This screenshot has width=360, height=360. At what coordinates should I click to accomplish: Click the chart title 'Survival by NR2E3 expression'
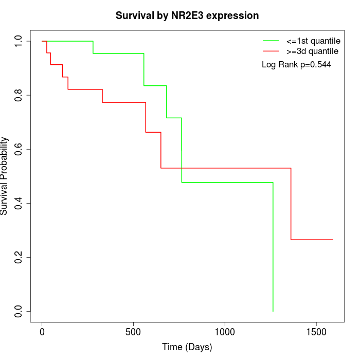coord(187,15)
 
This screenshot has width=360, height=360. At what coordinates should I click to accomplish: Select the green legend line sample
coord(271,40)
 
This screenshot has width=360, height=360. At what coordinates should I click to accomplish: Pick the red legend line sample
coord(271,51)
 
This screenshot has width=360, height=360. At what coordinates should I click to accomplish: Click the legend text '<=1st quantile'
coord(313,40)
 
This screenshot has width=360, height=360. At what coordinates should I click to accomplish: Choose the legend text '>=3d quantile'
coord(312,51)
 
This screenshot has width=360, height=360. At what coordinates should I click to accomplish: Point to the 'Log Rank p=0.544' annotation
coord(296,65)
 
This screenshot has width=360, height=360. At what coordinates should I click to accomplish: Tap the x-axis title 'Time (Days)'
coord(187,348)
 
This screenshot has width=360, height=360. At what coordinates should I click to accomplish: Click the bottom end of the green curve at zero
coord(273,311)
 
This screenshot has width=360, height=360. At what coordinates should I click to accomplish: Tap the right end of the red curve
coord(333,240)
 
